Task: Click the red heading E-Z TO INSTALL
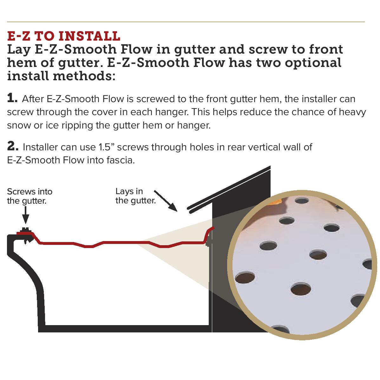click(63, 36)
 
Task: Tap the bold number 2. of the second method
click(13, 147)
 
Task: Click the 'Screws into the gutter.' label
click(29, 196)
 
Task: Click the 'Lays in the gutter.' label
click(135, 196)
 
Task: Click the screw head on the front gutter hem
click(25, 230)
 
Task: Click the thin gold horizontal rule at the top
click(186, 22)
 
